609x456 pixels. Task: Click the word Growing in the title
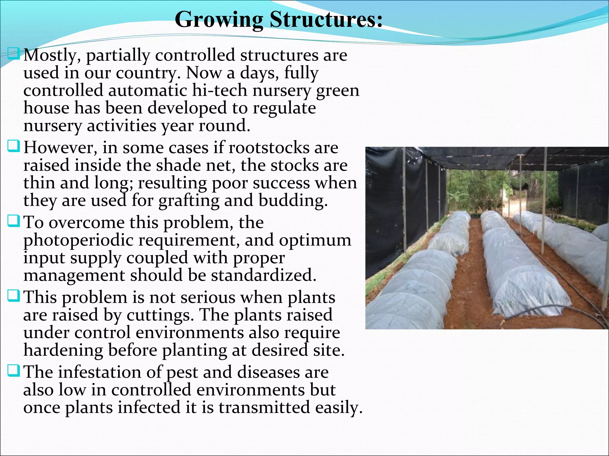tap(219, 20)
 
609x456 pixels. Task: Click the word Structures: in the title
tap(326, 20)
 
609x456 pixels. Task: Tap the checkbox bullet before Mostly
tap(13, 54)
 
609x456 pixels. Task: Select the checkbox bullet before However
tap(13, 146)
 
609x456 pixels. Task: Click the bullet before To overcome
tap(13, 221)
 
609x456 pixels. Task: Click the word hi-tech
tap(219, 90)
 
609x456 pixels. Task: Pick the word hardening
tap(63, 350)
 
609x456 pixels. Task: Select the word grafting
tap(189, 201)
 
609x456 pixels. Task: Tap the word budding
tap(293, 201)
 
